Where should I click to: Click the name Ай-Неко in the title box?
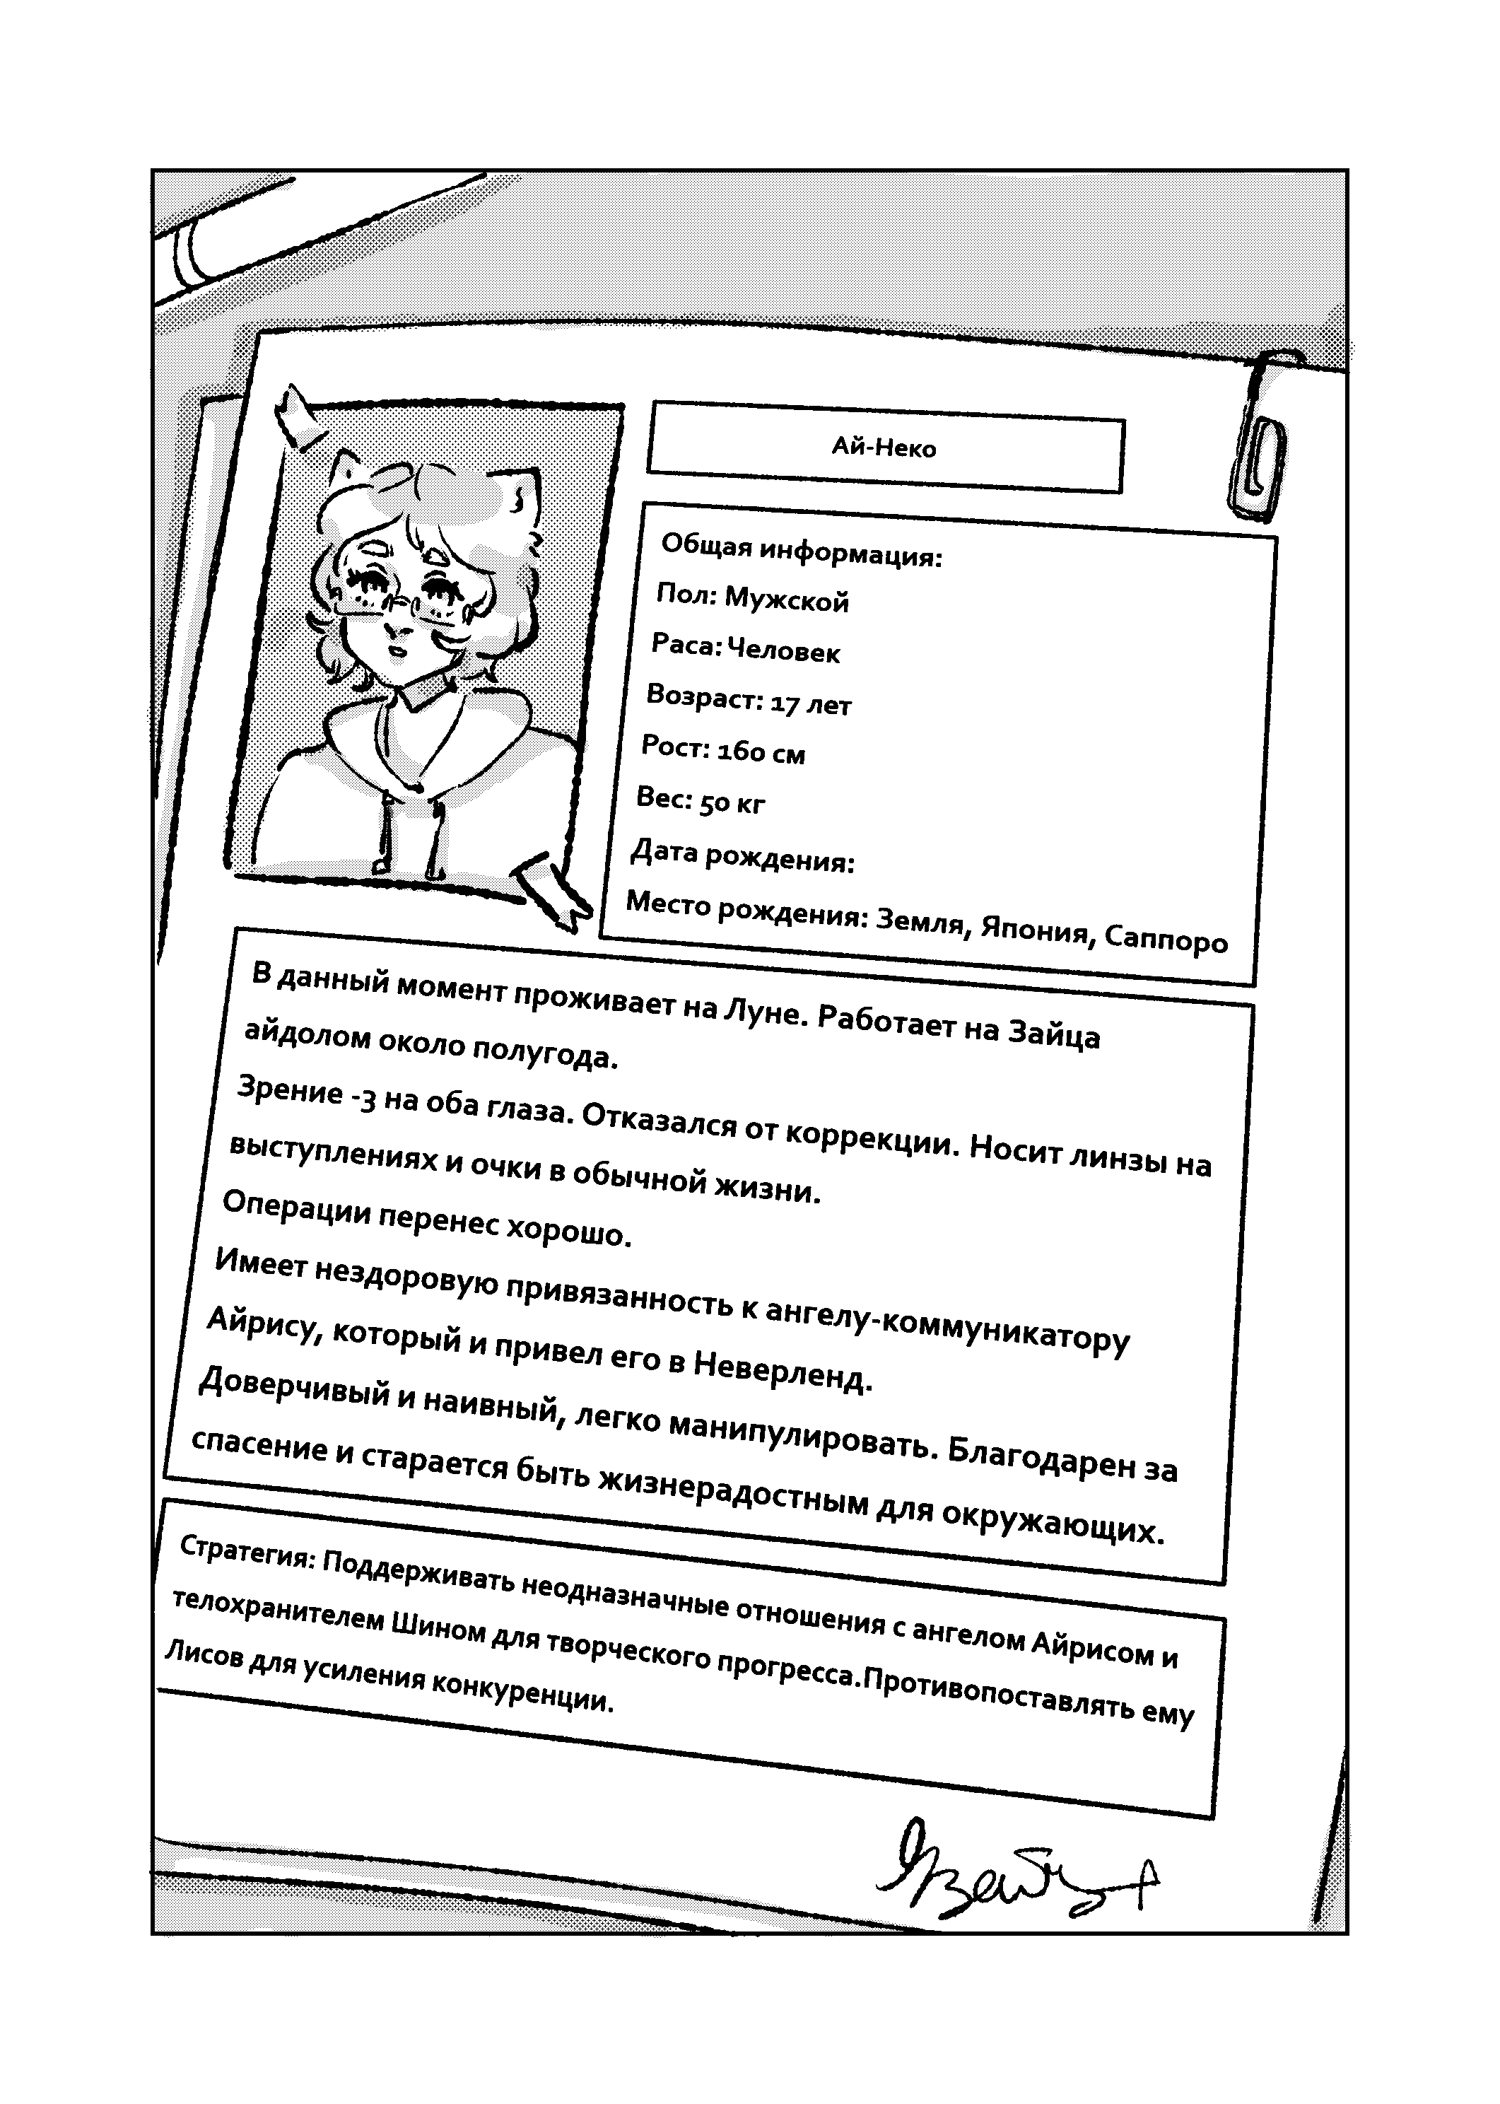(884, 448)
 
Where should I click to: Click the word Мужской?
(786, 601)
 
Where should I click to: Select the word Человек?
(783, 652)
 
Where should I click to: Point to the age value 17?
(784, 703)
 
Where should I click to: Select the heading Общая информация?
(801, 551)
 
